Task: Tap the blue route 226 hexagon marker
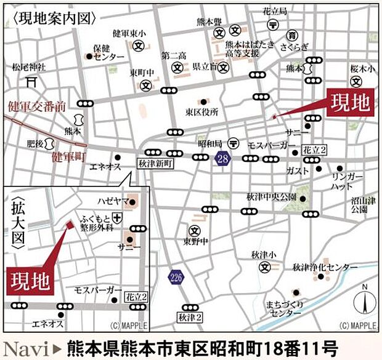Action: coord(176,278)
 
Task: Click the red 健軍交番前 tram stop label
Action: coord(37,106)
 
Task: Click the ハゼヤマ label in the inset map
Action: coord(111,201)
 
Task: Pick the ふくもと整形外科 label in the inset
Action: coord(97,222)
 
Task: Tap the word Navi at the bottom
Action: coord(25,346)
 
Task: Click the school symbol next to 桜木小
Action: coord(356,81)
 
